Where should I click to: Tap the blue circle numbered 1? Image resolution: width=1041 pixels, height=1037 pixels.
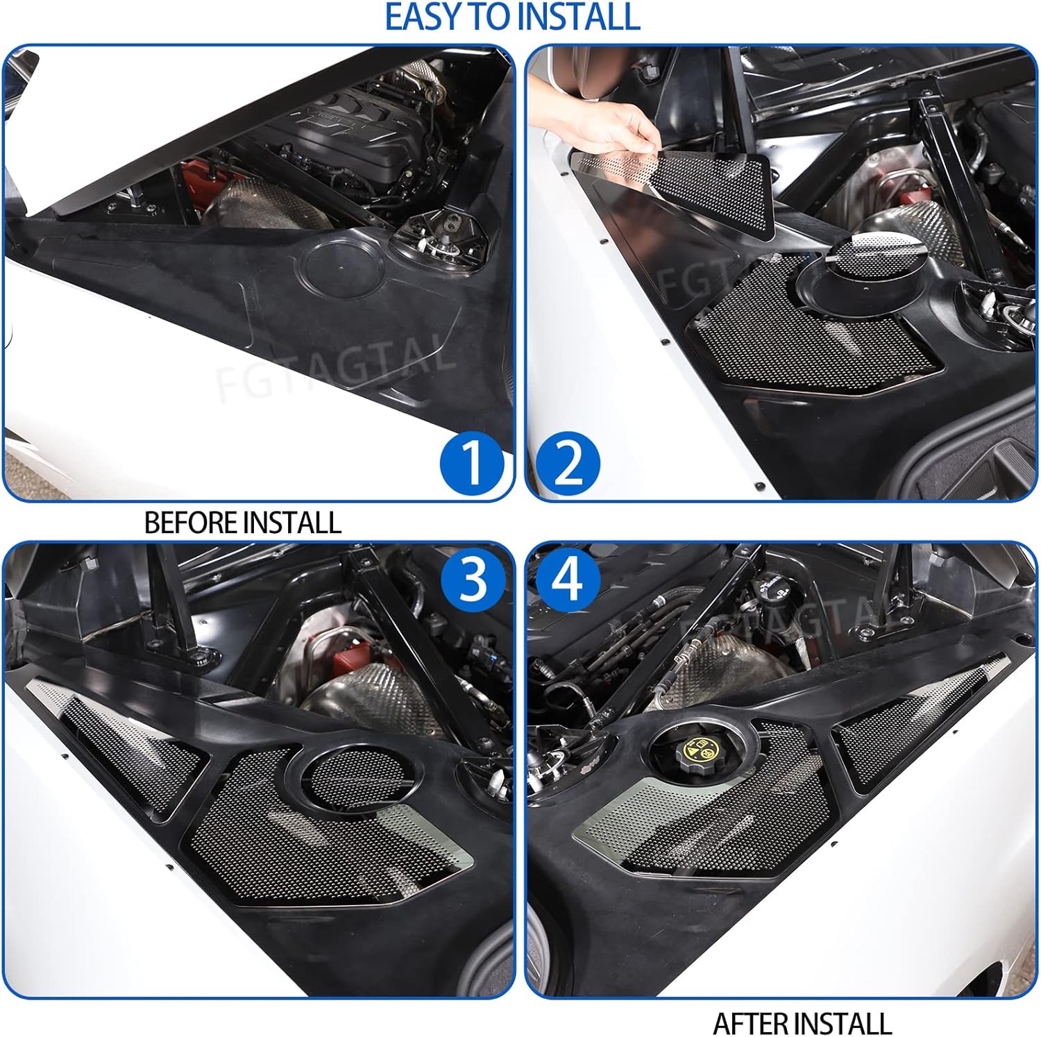(x=472, y=462)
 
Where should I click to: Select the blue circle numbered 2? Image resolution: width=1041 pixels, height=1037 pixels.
(x=568, y=462)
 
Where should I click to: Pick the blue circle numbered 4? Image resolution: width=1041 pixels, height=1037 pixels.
(x=567, y=579)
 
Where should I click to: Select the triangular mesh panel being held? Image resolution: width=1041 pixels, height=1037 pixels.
(x=701, y=184)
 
